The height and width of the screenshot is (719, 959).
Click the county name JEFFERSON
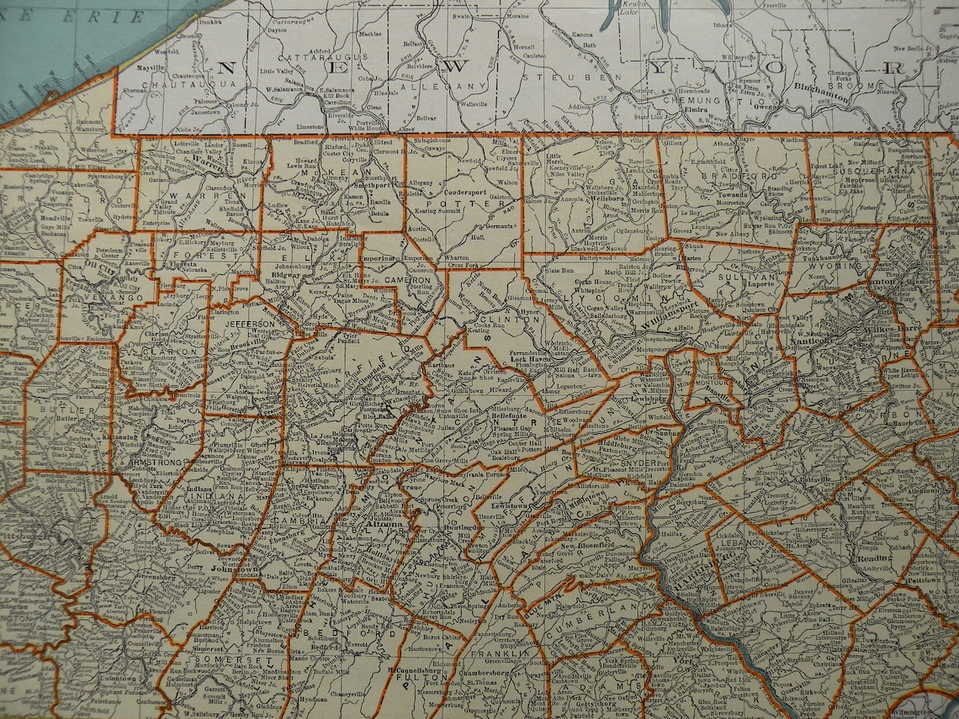tap(249, 323)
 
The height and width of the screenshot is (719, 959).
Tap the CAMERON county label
tap(405, 278)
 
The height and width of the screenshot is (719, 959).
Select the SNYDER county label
tap(639, 463)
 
